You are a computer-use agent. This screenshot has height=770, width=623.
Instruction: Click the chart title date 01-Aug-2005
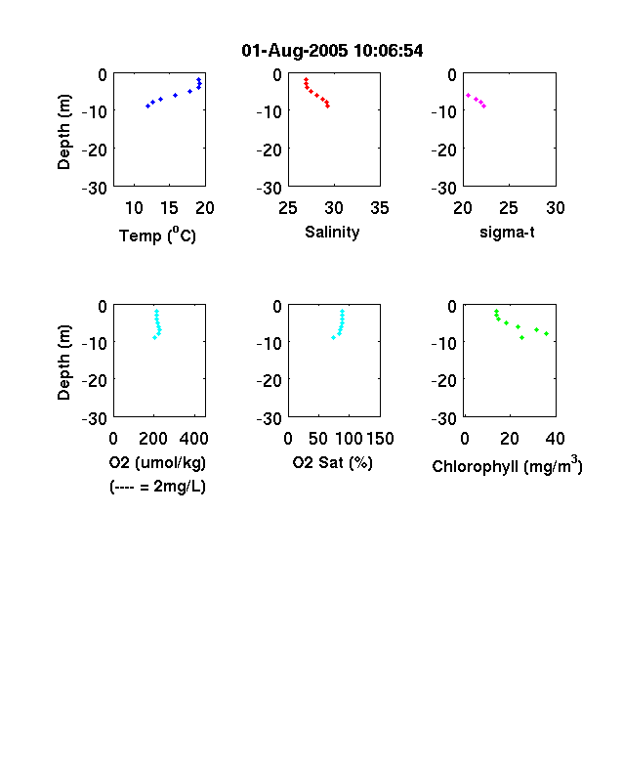(294, 51)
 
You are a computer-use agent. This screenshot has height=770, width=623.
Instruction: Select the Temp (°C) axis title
(157, 235)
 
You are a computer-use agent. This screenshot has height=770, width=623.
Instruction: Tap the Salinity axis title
(332, 233)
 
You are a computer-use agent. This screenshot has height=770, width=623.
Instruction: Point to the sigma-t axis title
(507, 233)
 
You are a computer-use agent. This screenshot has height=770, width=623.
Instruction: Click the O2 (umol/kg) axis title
(157, 462)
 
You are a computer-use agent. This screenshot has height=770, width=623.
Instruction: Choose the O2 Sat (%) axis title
(333, 462)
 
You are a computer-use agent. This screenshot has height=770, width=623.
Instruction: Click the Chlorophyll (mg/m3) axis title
(507, 464)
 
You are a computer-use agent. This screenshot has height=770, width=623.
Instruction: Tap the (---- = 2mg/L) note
(157, 487)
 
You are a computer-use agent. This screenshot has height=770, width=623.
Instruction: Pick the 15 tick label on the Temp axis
(169, 208)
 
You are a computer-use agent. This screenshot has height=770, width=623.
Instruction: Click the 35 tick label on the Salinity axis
(380, 208)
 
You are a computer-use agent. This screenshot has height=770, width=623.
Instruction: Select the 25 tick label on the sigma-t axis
(509, 208)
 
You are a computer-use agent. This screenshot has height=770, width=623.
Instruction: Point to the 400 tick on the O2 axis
(193, 439)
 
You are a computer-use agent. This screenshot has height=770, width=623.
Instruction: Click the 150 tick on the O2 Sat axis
(380, 439)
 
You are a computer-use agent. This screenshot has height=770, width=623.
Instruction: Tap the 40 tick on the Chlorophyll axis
(555, 439)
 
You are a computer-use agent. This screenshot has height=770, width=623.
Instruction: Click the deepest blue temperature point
(147, 107)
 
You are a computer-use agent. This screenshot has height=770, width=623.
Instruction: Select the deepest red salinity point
(328, 107)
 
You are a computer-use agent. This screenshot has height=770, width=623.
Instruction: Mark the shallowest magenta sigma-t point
(468, 95)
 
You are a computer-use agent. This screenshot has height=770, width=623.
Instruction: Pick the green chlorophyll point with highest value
(547, 334)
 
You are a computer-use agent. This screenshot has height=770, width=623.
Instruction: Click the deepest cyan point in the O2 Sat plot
(334, 337)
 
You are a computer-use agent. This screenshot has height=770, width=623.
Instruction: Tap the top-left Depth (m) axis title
(63, 132)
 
